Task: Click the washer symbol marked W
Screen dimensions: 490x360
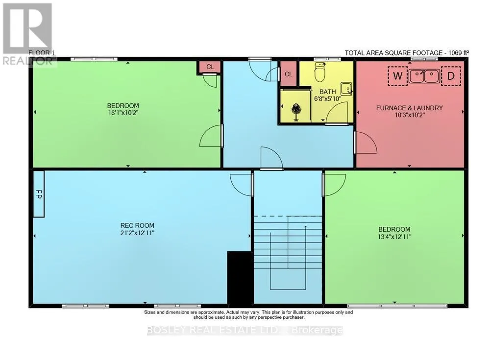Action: pos(397,76)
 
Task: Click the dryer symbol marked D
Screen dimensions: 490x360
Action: pos(451,76)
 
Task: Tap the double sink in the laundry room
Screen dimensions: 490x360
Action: pos(424,76)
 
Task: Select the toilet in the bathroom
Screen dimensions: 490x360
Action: pos(319,72)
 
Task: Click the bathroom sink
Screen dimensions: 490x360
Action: pos(346,89)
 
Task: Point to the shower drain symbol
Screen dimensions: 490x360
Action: pos(295,111)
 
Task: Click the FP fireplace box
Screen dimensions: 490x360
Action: pos(39,194)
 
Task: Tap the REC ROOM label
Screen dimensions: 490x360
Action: pos(137,225)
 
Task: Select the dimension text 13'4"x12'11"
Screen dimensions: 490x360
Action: pos(394,237)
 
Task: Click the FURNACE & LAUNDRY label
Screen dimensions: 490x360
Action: pos(409,108)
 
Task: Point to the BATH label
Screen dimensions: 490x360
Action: pos(327,92)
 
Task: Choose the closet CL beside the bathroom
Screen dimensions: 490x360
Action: pos(289,74)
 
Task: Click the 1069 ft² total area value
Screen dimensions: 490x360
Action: pos(459,53)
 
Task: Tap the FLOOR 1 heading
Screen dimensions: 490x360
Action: pos(39,53)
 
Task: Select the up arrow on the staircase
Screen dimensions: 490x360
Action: pos(305,240)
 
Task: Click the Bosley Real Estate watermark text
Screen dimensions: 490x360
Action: pos(245,330)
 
